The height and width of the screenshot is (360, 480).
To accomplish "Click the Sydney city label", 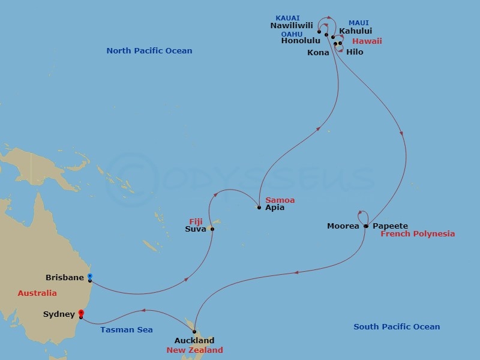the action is [x=59, y=314].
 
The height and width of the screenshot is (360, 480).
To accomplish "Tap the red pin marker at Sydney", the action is [x=81, y=313].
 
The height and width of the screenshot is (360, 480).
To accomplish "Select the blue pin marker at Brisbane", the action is [x=89, y=276].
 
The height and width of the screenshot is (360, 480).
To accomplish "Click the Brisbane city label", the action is [x=65, y=278].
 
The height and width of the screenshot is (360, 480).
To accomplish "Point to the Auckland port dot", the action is [x=194, y=332].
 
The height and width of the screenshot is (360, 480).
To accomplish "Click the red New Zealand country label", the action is [x=196, y=350].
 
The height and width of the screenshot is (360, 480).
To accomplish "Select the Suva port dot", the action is [x=212, y=229].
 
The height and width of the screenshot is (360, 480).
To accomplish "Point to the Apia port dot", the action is [x=259, y=208].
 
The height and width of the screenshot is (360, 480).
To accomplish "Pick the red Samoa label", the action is [x=280, y=200].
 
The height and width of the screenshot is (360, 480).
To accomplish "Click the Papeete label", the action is [x=390, y=226].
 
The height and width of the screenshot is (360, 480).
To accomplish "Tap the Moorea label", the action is [x=343, y=226].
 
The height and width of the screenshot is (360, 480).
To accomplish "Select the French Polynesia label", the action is [x=418, y=234].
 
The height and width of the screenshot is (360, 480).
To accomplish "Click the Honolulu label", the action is [x=301, y=41].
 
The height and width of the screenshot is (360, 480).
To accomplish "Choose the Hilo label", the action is [x=355, y=52].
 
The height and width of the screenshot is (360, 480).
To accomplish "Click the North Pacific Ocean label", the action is [x=149, y=51].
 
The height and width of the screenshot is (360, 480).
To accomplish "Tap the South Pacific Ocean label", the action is [x=397, y=327].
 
